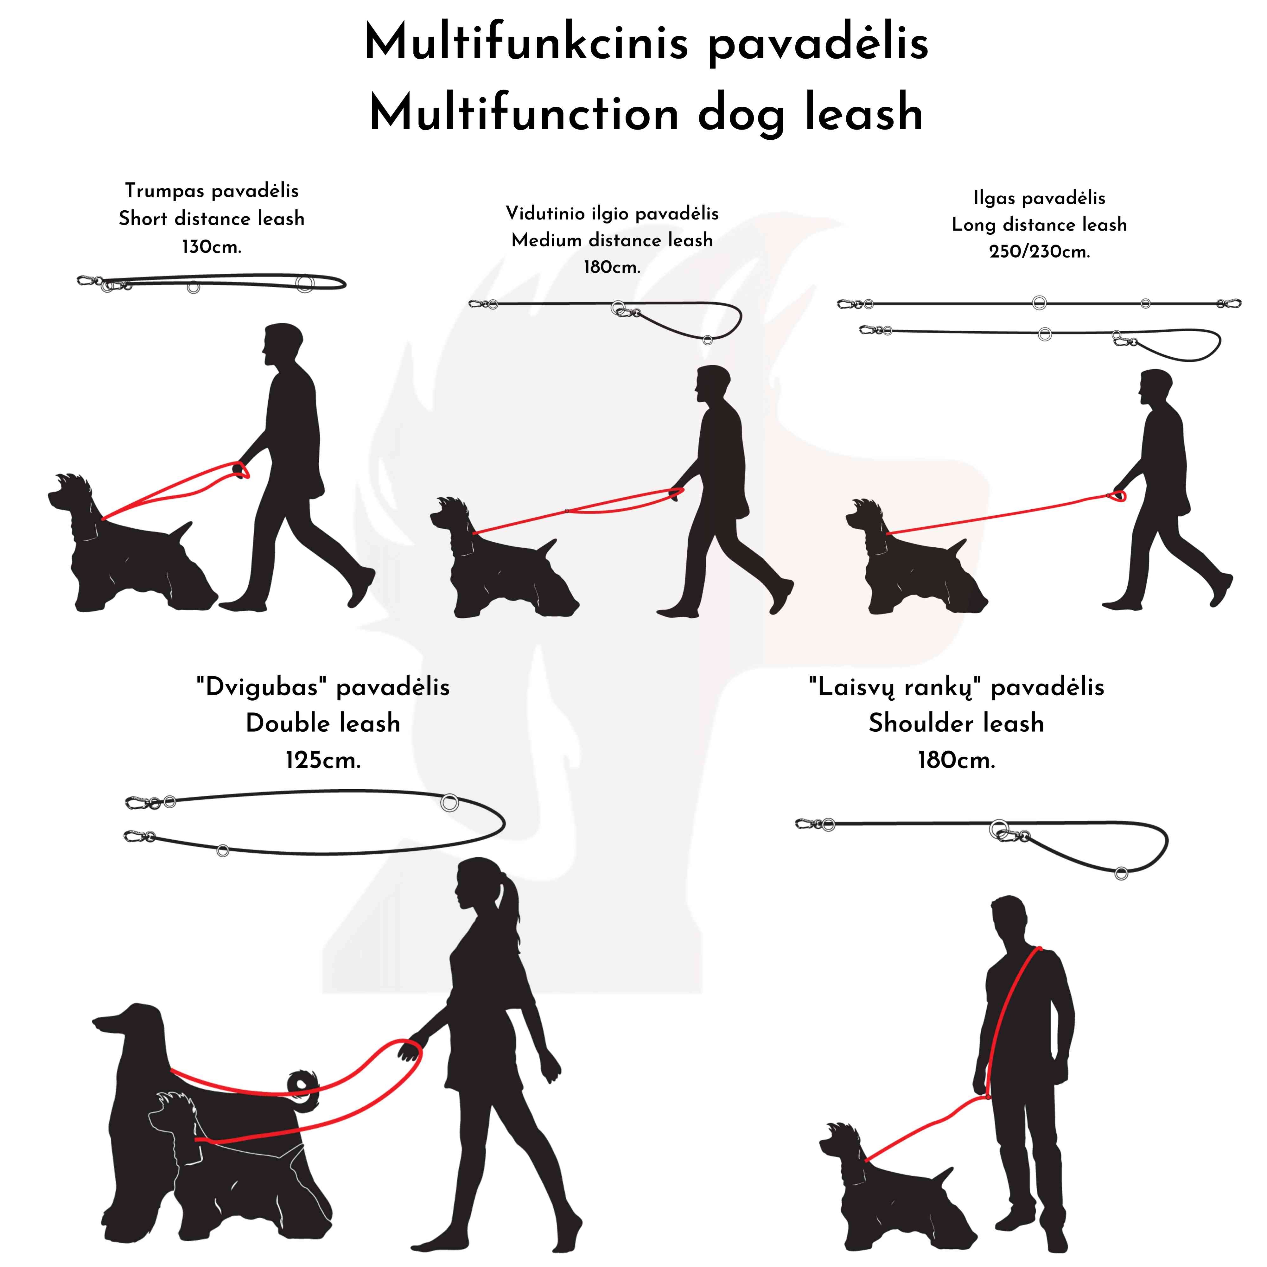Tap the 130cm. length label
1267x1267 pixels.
(211, 247)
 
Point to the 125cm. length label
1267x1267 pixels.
(323, 761)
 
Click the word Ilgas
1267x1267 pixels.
(994, 198)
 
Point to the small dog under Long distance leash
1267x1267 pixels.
(912, 557)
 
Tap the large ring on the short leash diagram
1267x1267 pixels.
(304, 283)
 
